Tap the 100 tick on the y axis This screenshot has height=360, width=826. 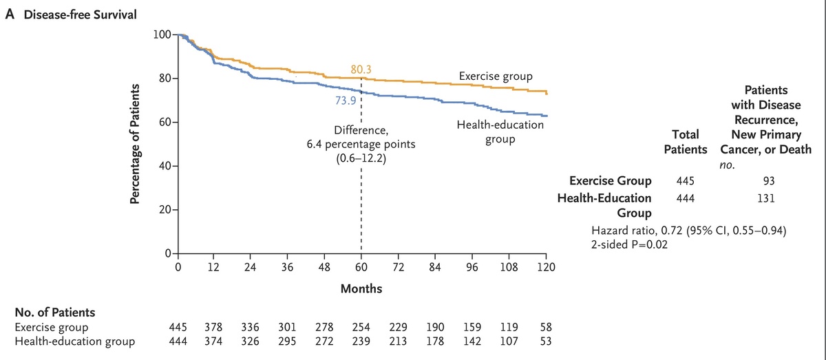[162, 34]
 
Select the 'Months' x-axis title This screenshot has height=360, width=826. [361, 289]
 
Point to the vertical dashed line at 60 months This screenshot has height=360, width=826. [361, 207]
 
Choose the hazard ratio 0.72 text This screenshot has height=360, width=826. [688, 230]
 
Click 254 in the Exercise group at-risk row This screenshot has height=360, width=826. [361, 327]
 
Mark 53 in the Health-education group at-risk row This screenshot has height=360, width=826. [544, 340]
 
